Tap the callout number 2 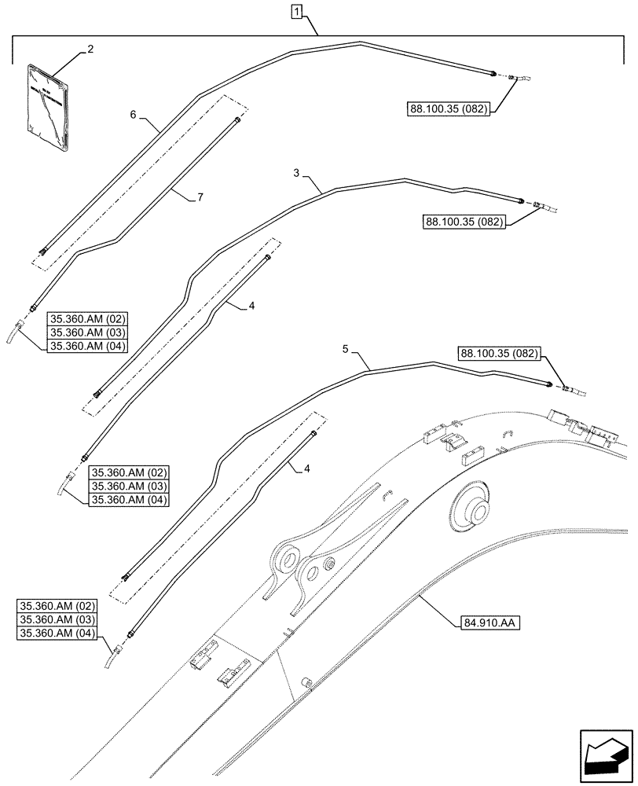tap(90, 49)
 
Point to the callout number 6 tap(133, 114)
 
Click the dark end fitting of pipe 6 tap(492, 74)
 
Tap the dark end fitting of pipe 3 tap(519, 201)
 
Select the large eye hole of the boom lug tap(285, 559)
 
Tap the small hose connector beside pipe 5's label tap(570, 388)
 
